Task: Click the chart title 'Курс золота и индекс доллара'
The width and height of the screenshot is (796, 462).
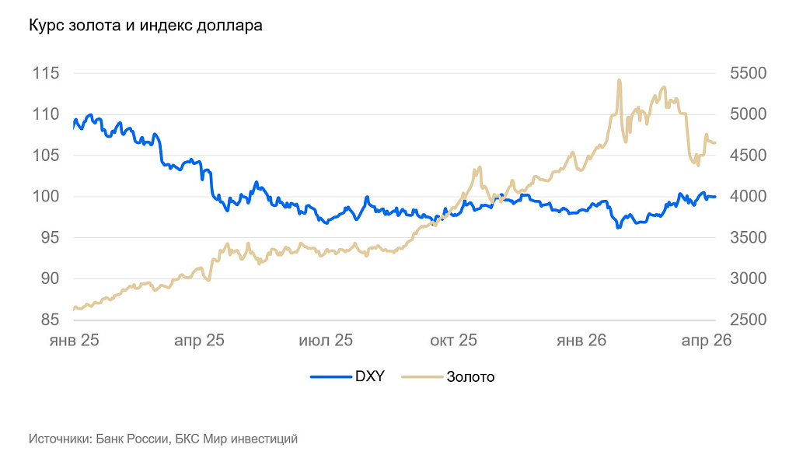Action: pos(145,26)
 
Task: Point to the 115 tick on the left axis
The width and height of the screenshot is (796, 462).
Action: pos(46,73)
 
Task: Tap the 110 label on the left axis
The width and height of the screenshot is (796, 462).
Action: pos(46,114)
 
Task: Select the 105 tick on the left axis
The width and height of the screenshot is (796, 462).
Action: pos(46,156)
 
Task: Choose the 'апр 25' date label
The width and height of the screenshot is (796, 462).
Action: pos(199,341)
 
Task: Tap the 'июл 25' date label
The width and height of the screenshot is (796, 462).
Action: pos(326,341)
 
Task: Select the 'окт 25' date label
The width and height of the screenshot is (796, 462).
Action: pos(453,341)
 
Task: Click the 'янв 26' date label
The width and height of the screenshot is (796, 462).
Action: pos(581,341)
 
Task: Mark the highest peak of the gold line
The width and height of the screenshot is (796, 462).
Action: pos(619,80)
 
